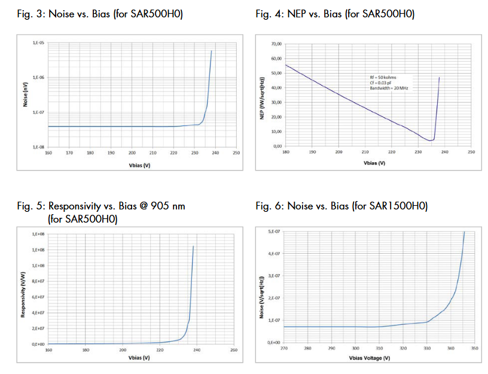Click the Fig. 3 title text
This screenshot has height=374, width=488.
click(99, 14)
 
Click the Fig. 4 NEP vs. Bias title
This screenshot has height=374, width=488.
click(335, 14)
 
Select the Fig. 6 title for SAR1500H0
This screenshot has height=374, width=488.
click(342, 206)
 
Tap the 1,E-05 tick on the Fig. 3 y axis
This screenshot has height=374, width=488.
click(37, 44)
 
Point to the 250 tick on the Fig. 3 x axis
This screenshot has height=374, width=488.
click(236, 153)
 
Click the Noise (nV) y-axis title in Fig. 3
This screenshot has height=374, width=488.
click(26, 95)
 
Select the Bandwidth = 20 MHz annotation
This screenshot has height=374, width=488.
click(389, 88)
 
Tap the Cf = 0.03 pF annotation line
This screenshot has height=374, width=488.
click(380, 83)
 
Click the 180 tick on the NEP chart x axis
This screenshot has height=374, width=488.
click(286, 153)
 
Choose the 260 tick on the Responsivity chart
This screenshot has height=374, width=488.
click(234, 351)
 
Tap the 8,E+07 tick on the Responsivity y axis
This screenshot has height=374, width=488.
click(38, 281)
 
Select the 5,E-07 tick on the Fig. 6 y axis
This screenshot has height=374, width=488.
click(274, 232)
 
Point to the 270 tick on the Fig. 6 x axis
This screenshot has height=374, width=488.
click(284, 348)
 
